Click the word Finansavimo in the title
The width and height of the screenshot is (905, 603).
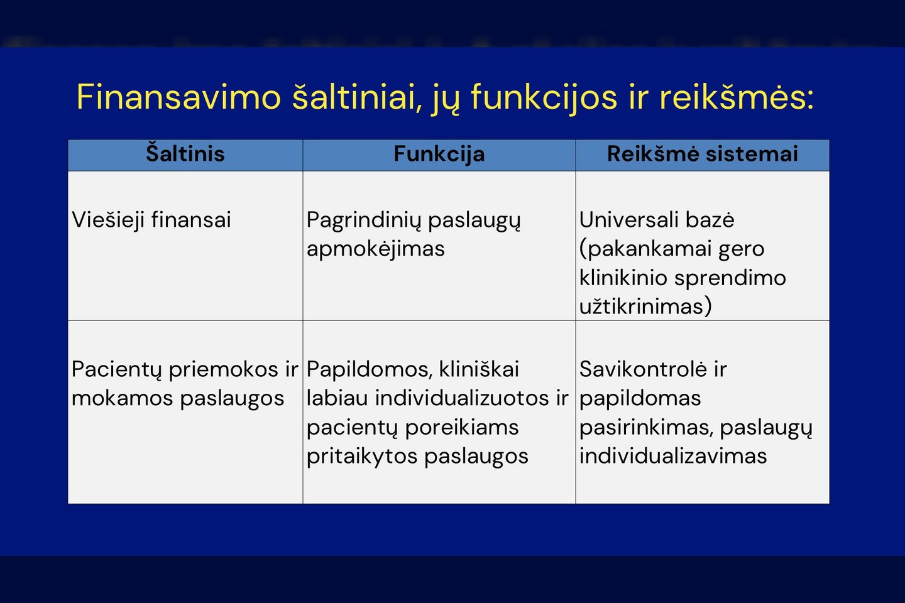point(178,97)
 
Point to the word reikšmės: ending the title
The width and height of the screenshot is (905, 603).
point(737,97)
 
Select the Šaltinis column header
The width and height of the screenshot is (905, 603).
point(185,153)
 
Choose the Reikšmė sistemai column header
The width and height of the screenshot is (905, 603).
point(702,153)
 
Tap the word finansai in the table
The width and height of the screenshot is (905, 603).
point(191,220)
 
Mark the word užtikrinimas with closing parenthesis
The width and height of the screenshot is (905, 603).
point(645,306)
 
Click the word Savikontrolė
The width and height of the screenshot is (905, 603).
point(643,369)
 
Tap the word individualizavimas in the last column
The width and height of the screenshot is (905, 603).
point(672,456)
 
